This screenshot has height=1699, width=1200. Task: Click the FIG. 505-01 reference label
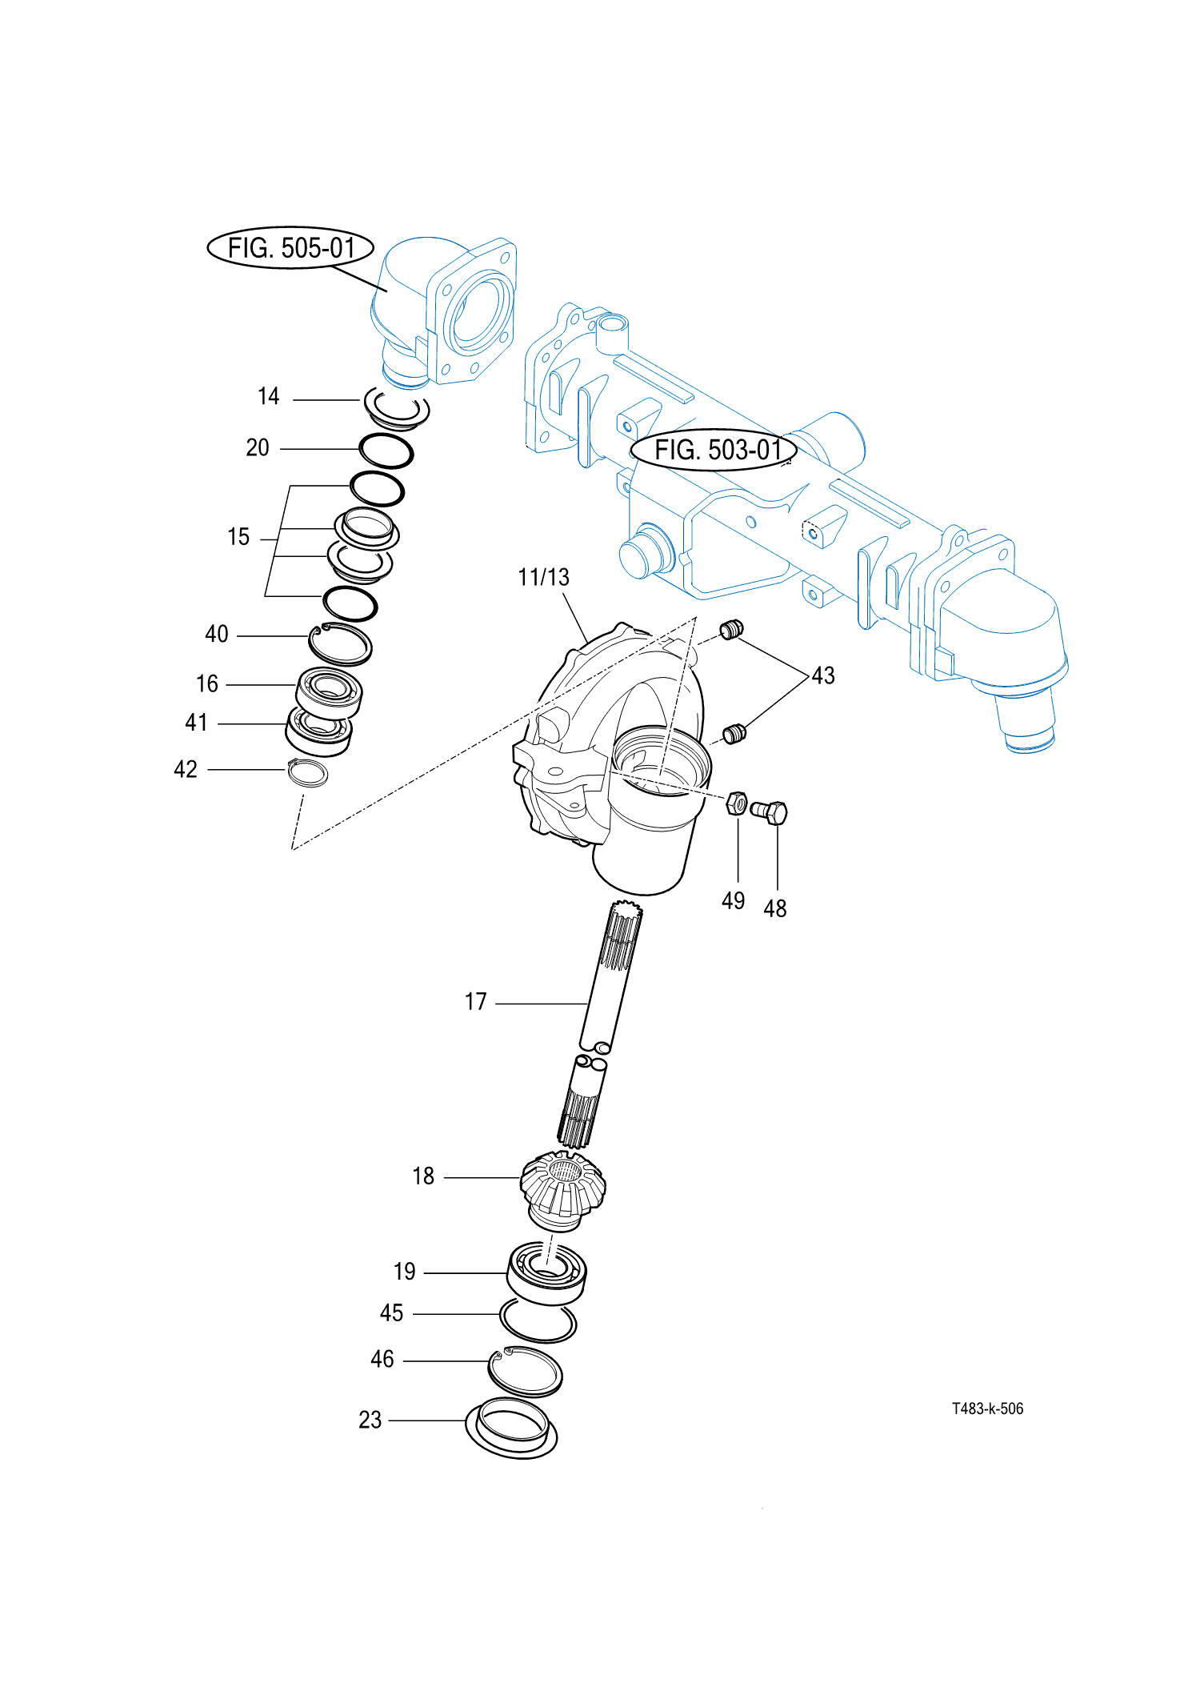coord(290,247)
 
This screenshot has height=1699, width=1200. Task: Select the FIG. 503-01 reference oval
coord(714,450)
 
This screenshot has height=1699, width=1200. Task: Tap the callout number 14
coord(269,396)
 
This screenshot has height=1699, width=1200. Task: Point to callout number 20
coord(258,447)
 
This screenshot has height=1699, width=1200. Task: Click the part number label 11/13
coord(543,577)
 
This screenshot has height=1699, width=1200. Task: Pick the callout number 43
coord(823,675)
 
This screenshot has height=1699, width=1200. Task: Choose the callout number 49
coord(733,901)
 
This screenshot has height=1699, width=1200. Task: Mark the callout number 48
coord(774,909)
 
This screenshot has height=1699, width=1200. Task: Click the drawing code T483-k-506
coord(987,1408)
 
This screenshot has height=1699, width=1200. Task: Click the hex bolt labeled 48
coord(770,812)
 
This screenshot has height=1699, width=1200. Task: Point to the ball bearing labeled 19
coord(546,1272)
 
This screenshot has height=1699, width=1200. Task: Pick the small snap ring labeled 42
coord(308,773)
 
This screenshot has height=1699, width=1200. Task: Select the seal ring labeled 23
coord(511,1429)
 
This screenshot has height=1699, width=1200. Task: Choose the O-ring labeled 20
coord(386,451)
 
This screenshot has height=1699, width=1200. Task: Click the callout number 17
coord(476,1002)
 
